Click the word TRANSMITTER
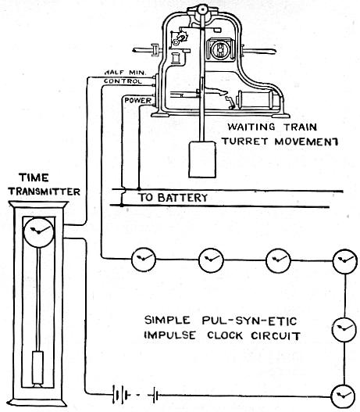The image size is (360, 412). click(x=44, y=192)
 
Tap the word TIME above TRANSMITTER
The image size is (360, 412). click(x=34, y=178)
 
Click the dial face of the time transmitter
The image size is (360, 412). click(x=38, y=232)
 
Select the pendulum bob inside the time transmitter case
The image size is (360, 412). click(x=37, y=367)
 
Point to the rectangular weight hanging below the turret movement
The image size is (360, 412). click(x=202, y=159)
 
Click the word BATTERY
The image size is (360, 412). click(x=183, y=198)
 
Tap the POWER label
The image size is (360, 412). click(x=138, y=100)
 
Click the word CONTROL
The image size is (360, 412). click(x=123, y=81)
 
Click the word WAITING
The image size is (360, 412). click(x=251, y=127)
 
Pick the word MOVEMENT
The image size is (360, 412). click(x=306, y=142)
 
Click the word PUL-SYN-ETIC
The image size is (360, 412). click(x=249, y=321)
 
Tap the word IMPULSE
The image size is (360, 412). click(x=169, y=335)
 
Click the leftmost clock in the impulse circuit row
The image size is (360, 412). click(x=143, y=260)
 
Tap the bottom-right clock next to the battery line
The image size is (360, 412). click(x=344, y=396)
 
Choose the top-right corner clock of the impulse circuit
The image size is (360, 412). click(x=345, y=261)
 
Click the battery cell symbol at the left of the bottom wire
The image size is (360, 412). click(x=121, y=394)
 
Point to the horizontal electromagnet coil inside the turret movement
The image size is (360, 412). click(x=257, y=99)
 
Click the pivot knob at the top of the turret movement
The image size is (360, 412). click(x=202, y=9)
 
